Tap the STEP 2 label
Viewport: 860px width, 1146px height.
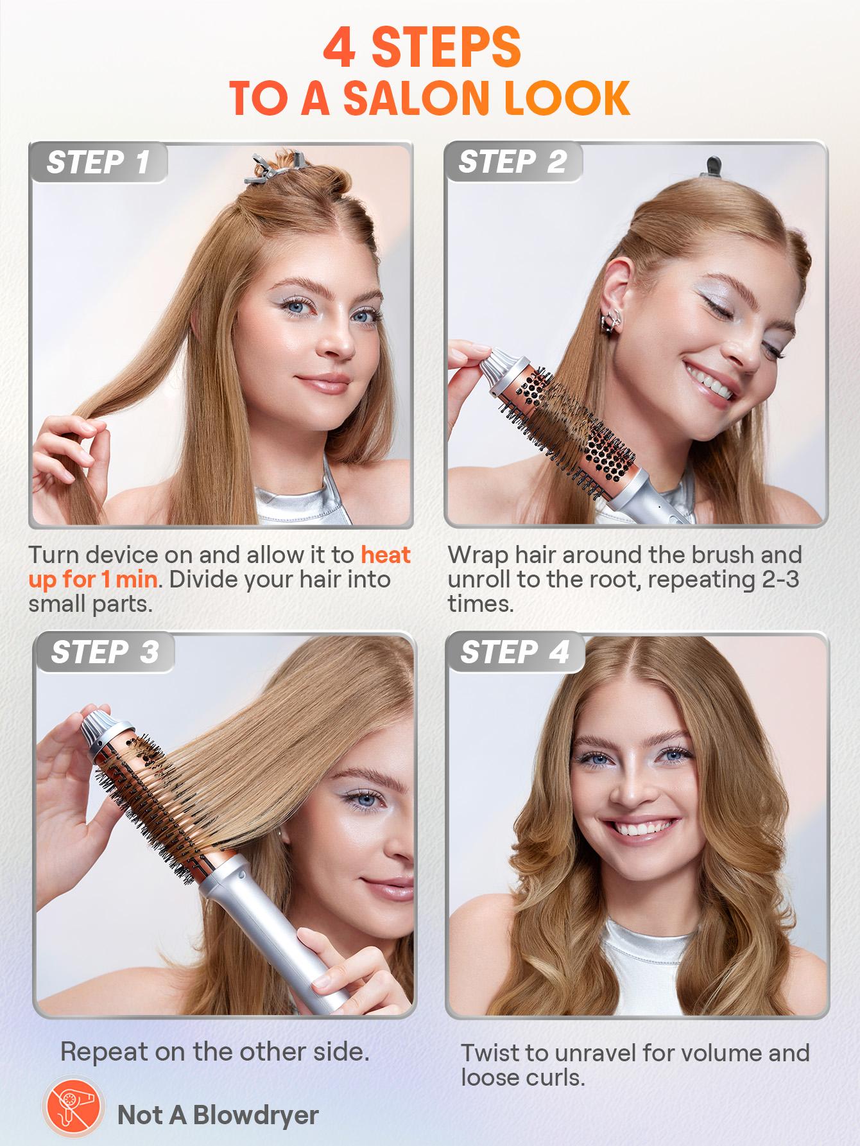tap(512, 162)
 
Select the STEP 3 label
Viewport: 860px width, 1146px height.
tap(104, 652)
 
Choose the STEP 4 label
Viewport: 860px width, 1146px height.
tap(515, 652)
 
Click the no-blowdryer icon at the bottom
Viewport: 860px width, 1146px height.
tap(73, 1115)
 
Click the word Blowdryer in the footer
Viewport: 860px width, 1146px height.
tap(255, 1115)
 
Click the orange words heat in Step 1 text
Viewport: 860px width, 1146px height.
tap(385, 554)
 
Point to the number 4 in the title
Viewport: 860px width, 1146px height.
tap(340, 48)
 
